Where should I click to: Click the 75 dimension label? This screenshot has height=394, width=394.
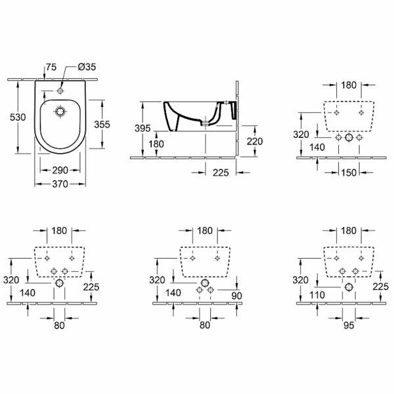coord(51,67)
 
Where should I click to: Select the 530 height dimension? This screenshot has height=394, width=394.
coord(18,117)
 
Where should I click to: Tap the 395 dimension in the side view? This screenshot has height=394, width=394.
coord(143,127)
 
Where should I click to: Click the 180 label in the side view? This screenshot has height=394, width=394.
coord(156,144)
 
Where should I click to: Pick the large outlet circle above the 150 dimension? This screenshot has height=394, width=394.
coord(348,139)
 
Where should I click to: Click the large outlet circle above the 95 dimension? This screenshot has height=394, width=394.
coord(348,288)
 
